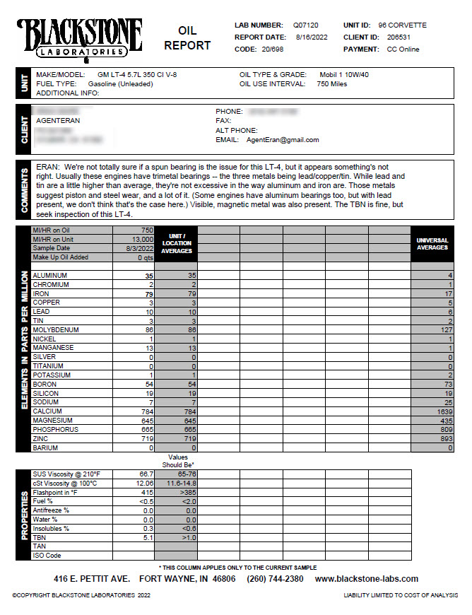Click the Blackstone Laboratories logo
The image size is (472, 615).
79,37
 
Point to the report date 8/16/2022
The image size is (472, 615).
311,37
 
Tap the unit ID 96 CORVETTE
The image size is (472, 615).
403,25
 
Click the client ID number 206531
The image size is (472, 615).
399,37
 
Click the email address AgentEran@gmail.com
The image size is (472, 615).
282,140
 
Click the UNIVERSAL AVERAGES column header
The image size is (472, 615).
432,244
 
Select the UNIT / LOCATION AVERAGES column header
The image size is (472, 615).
176,244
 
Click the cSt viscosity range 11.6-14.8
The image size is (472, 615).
177,483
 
